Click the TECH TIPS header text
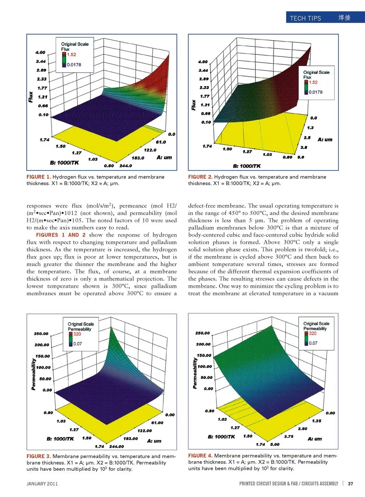[x=305, y=18]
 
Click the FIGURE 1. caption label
[x=38, y=177]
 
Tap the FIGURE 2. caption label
[x=200, y=177]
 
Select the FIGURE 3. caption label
[x=38, y=456]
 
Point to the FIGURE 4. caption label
[x=200, y=455]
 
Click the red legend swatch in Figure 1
[x=64, y=54]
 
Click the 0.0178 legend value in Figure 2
[x=316, y=92]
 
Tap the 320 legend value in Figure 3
[x=77, y=334]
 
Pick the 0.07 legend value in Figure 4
[x=313, y=343]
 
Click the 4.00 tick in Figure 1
[x=40, y=53]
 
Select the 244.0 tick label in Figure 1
[x=125, y=166]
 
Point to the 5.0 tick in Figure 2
[x=301, y=157]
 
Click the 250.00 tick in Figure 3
[x=41, y=334]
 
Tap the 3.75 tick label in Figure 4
[x=289, y=436]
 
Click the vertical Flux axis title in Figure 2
[x=194, y=105]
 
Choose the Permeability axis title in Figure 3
[x=33, y=374]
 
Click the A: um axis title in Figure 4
[x=315, y=439]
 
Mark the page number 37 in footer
[x=350, y=484]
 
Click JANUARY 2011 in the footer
[x=42, y=484]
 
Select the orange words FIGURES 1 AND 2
[x=61, y=235]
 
